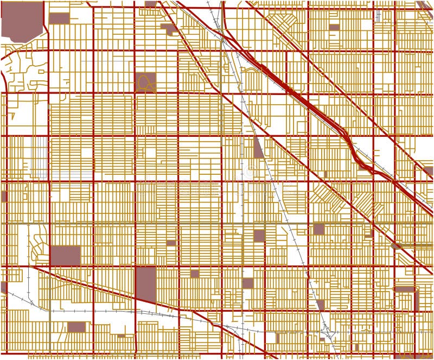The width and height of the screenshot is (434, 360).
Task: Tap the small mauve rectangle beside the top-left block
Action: pyautogui.click(x=59, y=17)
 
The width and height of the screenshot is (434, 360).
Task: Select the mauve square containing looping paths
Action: pyautogui.click(x=145, y=82)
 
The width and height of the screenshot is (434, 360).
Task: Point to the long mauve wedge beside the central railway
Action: pyautogui.click(x=258, y=147)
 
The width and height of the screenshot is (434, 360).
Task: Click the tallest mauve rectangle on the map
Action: pyautogui.click(x=145, y=283)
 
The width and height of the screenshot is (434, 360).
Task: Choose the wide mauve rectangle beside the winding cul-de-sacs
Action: pyautogui.click(x=65, y=255)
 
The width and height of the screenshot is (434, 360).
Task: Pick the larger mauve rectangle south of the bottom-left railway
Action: pyautogui.click(x=76, y=327)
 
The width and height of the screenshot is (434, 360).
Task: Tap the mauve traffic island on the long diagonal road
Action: pyautogui.click(x=395, y=246)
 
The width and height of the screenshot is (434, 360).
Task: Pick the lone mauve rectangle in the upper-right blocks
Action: pyautogui.click(x=334, y=27)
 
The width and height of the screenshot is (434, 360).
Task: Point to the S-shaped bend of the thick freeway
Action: pyautogui.click(x=353, y=147)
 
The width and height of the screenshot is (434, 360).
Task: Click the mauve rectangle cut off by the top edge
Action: pyautogui.click(x=151, y=3)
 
